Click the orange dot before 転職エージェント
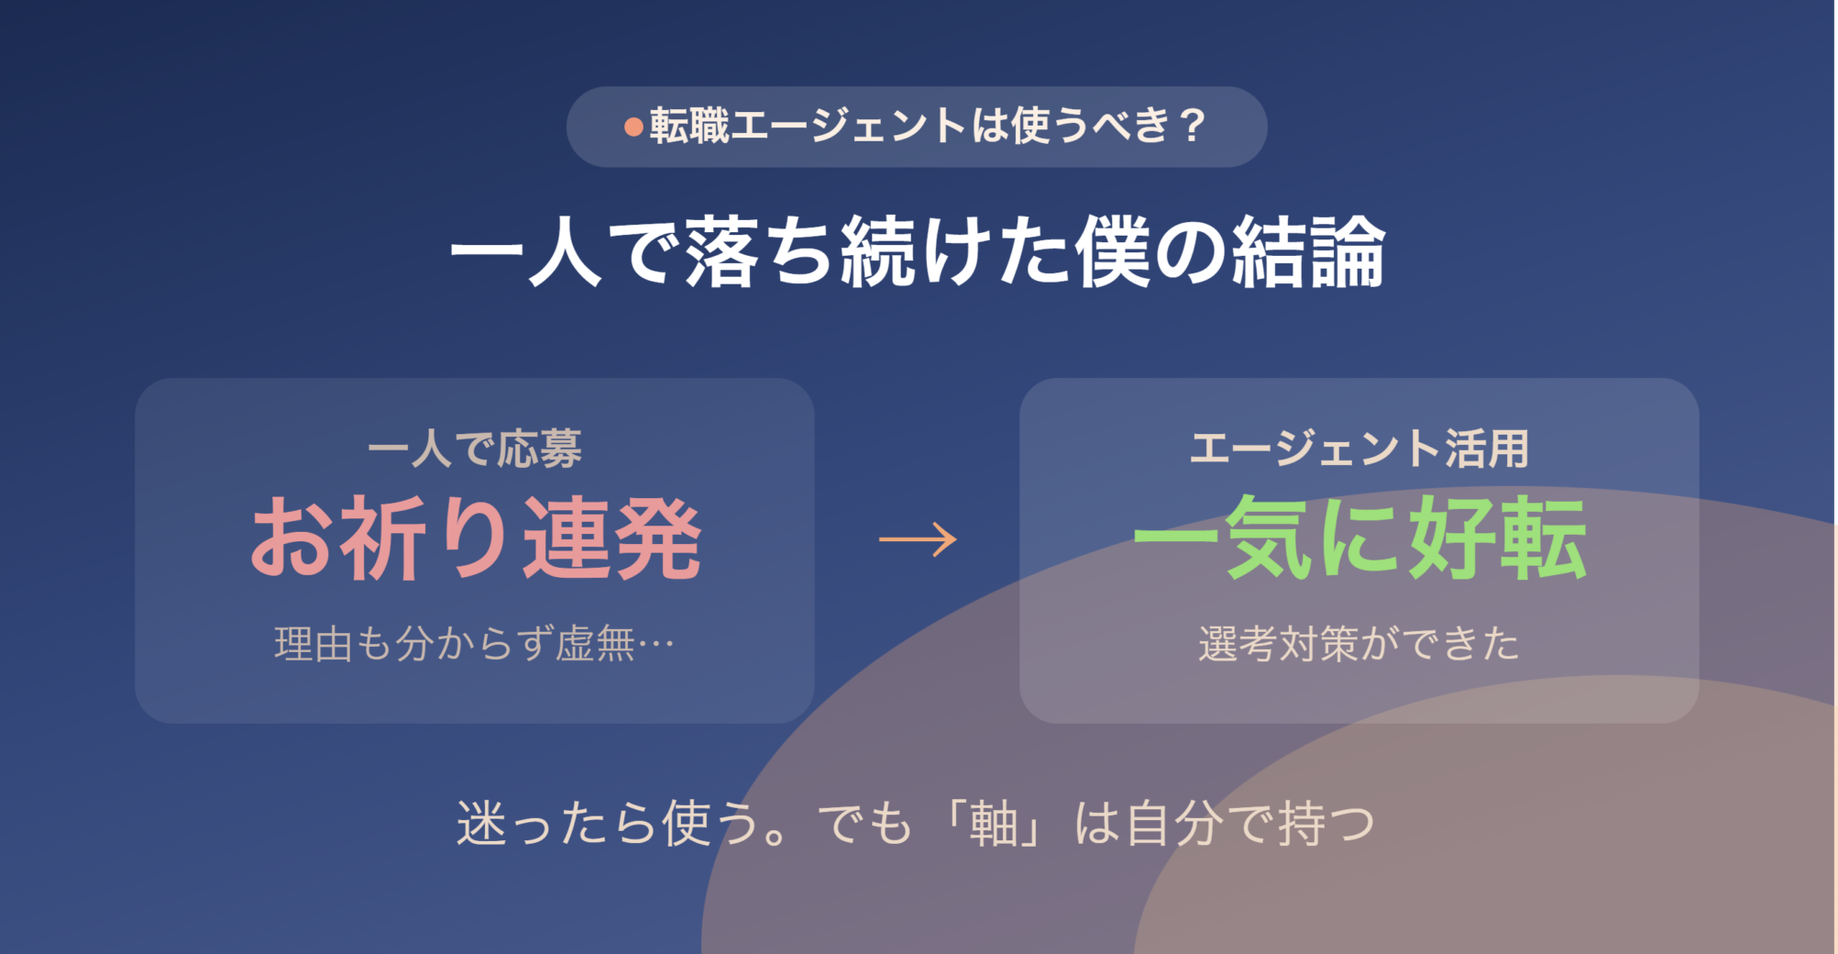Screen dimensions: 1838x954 point(633,127)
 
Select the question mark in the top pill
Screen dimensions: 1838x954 point(1193,126)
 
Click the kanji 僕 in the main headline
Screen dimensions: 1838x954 point(1112,252)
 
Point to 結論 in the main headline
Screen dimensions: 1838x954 point(1308,252)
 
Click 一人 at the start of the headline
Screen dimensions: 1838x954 point(525,252)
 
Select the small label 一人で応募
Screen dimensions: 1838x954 point(475,449)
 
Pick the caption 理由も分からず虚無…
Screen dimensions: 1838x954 point(475,643)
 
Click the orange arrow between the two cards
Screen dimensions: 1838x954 point(918,538)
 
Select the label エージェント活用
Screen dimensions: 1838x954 point(1359,449)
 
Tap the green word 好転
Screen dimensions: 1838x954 point(1498,538)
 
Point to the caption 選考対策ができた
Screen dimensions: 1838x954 point(1359,643)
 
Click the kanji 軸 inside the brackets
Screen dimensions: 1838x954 point(995,823)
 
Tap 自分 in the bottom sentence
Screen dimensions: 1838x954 point(1175,823)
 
